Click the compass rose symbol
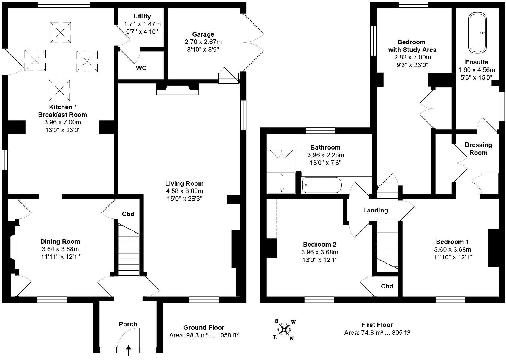[284, 329]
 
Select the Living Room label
[184, 183]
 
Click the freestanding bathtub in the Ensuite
[477, 33]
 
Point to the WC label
[141, 68]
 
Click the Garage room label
[203, 34]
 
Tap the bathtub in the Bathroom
[322, 185]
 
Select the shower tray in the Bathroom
[282, 183]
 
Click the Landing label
[375, 210]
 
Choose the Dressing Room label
[478, 149]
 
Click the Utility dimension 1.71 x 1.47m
[142, 24]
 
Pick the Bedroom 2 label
[320, 245]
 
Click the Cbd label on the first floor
[387, 286]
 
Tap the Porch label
[128, 324]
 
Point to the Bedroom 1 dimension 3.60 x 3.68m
[452, 249]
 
